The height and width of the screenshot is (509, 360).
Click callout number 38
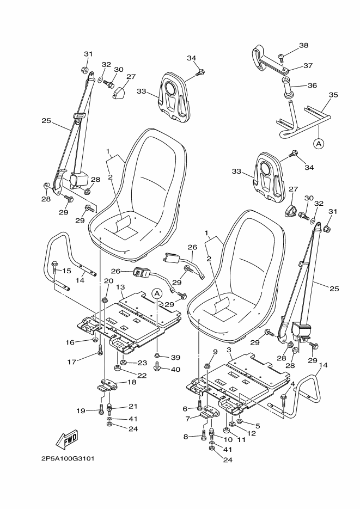tap(303, 45)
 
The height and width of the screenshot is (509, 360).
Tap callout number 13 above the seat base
tap(120, 287)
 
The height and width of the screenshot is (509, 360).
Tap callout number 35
tap(333, 95)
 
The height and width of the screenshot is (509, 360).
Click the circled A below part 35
tap(318, 144)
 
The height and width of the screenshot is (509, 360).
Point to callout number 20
tap(108, 281)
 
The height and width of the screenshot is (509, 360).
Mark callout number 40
tap(175, 370)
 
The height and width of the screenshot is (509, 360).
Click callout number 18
tap(131, 383)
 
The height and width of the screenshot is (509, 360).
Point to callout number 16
tap(70, 342)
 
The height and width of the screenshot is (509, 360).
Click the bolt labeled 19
tap(102, 410)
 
